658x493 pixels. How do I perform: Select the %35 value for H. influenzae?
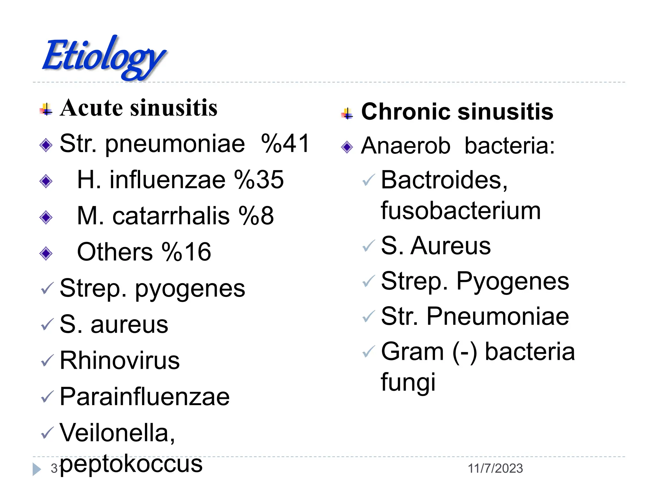coord(259,179)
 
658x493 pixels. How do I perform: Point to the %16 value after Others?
coord(186,252)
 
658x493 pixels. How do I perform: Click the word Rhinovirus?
coord(120,360)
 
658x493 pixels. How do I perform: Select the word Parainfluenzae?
coord(145,397)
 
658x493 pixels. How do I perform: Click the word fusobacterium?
coord(461,211)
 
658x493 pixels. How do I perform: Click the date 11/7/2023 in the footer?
coord(495,469)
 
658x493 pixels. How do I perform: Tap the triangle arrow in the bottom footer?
coord(37,469)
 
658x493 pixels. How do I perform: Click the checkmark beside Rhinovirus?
coord(47,361)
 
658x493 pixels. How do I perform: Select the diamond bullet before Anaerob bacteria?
coord(347,147)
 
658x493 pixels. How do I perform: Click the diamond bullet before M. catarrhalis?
coord(46,218)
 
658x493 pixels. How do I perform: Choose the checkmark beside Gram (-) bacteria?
coord(368,352)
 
